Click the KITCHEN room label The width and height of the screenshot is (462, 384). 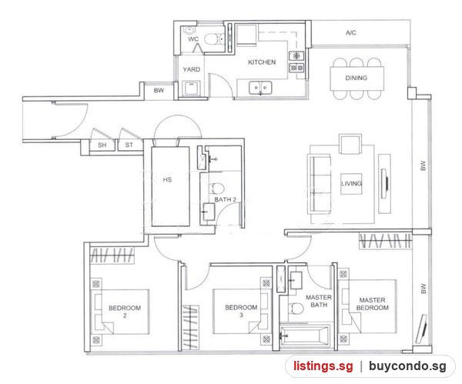pyautogui.click(x=262, y=62)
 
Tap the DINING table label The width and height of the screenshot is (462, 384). pyautogui.click(x=357, y=78)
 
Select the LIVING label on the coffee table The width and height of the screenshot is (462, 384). pyautogui.click(x=351, y=183)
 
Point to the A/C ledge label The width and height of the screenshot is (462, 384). pyautogui.click(x=351, y=32)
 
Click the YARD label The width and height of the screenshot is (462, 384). pyautogui.click(x=191, y=69)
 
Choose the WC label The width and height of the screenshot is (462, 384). pyautogui.click(x=193, y=39)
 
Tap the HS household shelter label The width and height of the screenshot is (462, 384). pyautogui.click(x=167, y=179)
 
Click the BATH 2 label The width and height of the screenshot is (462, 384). pyautogui.click(x=225, y=199)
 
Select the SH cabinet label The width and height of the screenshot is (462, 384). pyautogui.click(x=102, y=145)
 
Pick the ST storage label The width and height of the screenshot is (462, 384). pyautogui.click(x=129, y=145)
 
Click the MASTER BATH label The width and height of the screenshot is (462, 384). pyautogui.click(x=319, y=301)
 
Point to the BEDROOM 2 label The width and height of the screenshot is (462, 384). pyautogui.click(x=125, y=312)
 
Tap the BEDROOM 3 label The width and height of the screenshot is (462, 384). pyautogui.click(x=241, y=311)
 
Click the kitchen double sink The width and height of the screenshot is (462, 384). pyautogui.click(x=260, y=88)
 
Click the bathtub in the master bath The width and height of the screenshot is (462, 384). pyautogui.click(x=305, y=336)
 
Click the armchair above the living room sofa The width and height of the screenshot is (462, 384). pyautogui.click(x=350, y=144)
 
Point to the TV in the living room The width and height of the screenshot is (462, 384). pyautogui.click(x=385, y=183)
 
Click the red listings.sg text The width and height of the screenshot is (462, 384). pyautogui.click(x=323, y=366)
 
